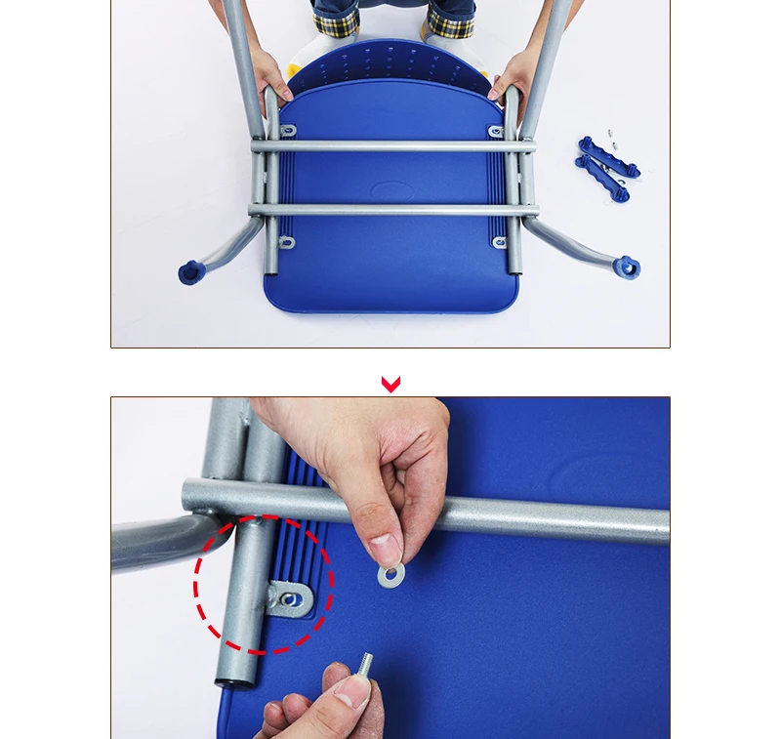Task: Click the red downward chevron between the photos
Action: (x=390, y=385)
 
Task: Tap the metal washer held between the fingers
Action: (x=391, y=575)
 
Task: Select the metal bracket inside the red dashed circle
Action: (x=290, y=598)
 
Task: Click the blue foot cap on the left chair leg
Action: (x=190, y=271)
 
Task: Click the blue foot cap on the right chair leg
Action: (x=626, y=267)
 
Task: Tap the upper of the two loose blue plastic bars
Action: (x=607, y=156)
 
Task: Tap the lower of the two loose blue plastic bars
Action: (x=602, y=179)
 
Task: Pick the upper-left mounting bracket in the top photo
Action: (x=288, y=131)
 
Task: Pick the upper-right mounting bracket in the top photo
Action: (x=496, y=131)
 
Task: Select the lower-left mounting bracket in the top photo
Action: (x=286, y=242)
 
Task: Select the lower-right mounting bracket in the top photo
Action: (x=499, y=242)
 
